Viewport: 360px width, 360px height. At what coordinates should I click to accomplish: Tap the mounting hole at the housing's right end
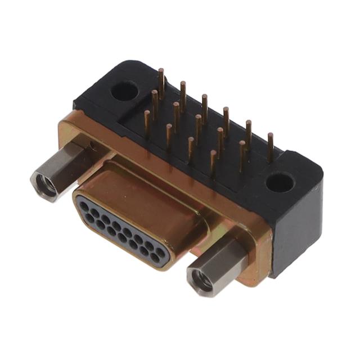tap(280, 182)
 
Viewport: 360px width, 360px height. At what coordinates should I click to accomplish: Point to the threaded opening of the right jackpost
tap(201, 278)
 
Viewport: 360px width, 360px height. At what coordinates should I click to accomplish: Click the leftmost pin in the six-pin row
tap(161, 82)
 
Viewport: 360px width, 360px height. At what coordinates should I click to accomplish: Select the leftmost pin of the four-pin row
tap(147, 124)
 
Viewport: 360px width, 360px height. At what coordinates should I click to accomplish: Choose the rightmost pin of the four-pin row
tap(213, 164)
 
